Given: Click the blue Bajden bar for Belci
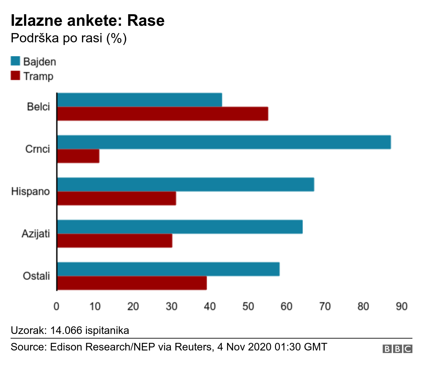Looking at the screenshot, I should click(139, 100).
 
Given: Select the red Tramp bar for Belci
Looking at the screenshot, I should click(163, 114).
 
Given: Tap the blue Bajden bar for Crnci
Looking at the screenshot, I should click(224, 142).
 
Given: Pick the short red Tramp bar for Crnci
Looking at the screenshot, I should click(78, 156).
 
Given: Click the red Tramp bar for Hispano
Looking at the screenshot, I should click(117, 198).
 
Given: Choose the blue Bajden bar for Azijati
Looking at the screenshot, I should click(180, 227).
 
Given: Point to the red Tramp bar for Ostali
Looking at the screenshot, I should click(132, 283).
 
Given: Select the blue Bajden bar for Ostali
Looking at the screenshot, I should click(168, 269).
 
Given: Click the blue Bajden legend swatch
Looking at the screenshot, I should click(16, 61).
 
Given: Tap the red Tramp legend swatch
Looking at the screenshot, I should click(16, 76).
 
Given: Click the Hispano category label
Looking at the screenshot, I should click(30, 191).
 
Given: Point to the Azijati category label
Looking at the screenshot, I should click(36, 234).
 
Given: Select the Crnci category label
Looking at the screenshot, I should click(37, 149).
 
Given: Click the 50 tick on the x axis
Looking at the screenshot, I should click(248, 306).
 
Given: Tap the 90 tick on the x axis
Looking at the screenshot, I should click(402, 306).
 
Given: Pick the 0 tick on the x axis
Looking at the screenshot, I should click(57, 306).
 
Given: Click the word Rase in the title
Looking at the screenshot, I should click(146, 20).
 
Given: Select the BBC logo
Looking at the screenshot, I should click(397, 349).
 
